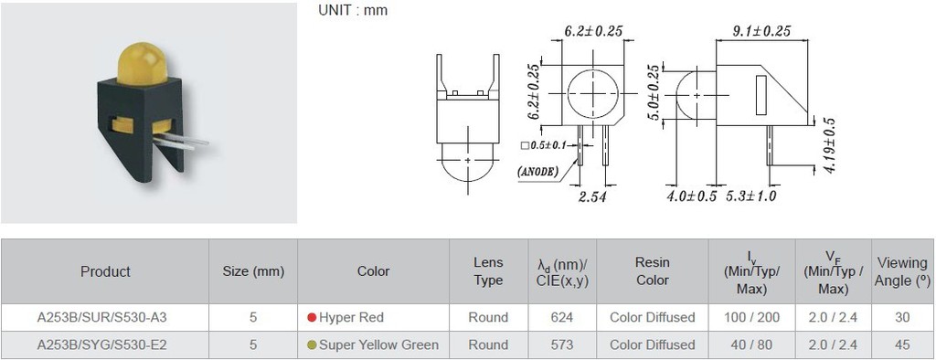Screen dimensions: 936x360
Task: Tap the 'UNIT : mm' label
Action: [353, 10]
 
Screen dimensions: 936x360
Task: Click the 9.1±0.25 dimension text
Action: [761, 31]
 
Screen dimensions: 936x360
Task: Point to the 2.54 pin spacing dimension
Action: [591, 196]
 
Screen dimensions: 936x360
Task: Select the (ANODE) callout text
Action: [537, 172]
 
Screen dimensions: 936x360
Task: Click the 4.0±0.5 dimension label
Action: [691, 196]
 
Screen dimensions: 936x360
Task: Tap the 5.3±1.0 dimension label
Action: [751, 196]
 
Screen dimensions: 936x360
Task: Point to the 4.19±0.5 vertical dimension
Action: [828, 145]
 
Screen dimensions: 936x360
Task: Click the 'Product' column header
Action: [105, 271]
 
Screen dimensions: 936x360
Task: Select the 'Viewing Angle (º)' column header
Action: [902, 271]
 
